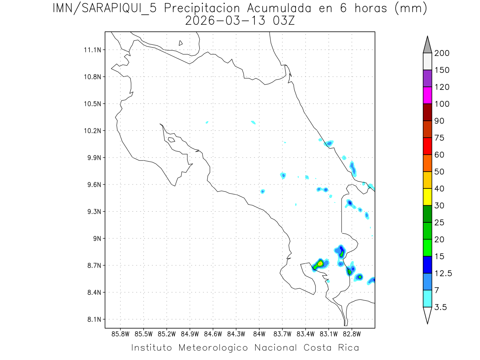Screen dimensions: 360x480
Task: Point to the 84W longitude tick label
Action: click(x=259, y=334)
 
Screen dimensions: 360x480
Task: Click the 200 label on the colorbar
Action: click(x=442, y=53)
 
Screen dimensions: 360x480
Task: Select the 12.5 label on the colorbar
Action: click(x=443, y=273)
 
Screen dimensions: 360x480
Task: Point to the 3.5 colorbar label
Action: click(x=440, y=307)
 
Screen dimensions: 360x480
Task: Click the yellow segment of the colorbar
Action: click(x=427, y=197)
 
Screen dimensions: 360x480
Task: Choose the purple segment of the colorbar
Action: click(x=427, y=78)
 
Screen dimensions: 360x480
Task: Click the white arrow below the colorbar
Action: click(x=427, y=315)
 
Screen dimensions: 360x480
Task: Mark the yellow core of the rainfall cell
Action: click(x=320, y=264)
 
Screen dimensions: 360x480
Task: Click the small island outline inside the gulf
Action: click(x=171, y=140)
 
